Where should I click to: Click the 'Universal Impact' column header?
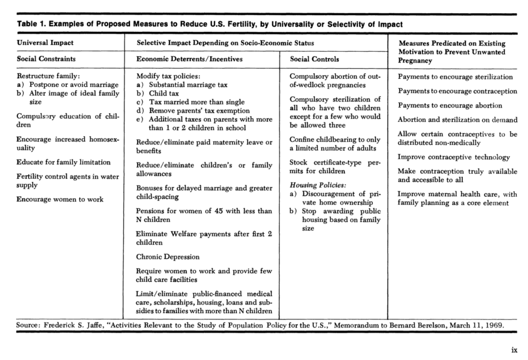(45, 43)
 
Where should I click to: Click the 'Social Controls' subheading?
(315, 59)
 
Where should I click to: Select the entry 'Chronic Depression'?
(168, 256)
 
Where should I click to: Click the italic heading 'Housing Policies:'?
(318, 185)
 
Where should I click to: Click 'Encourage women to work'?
(60, 199)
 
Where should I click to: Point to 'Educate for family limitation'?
(64, 162)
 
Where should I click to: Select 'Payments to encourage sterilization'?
(455, 77)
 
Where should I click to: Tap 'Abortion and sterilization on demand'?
(457, 119)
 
